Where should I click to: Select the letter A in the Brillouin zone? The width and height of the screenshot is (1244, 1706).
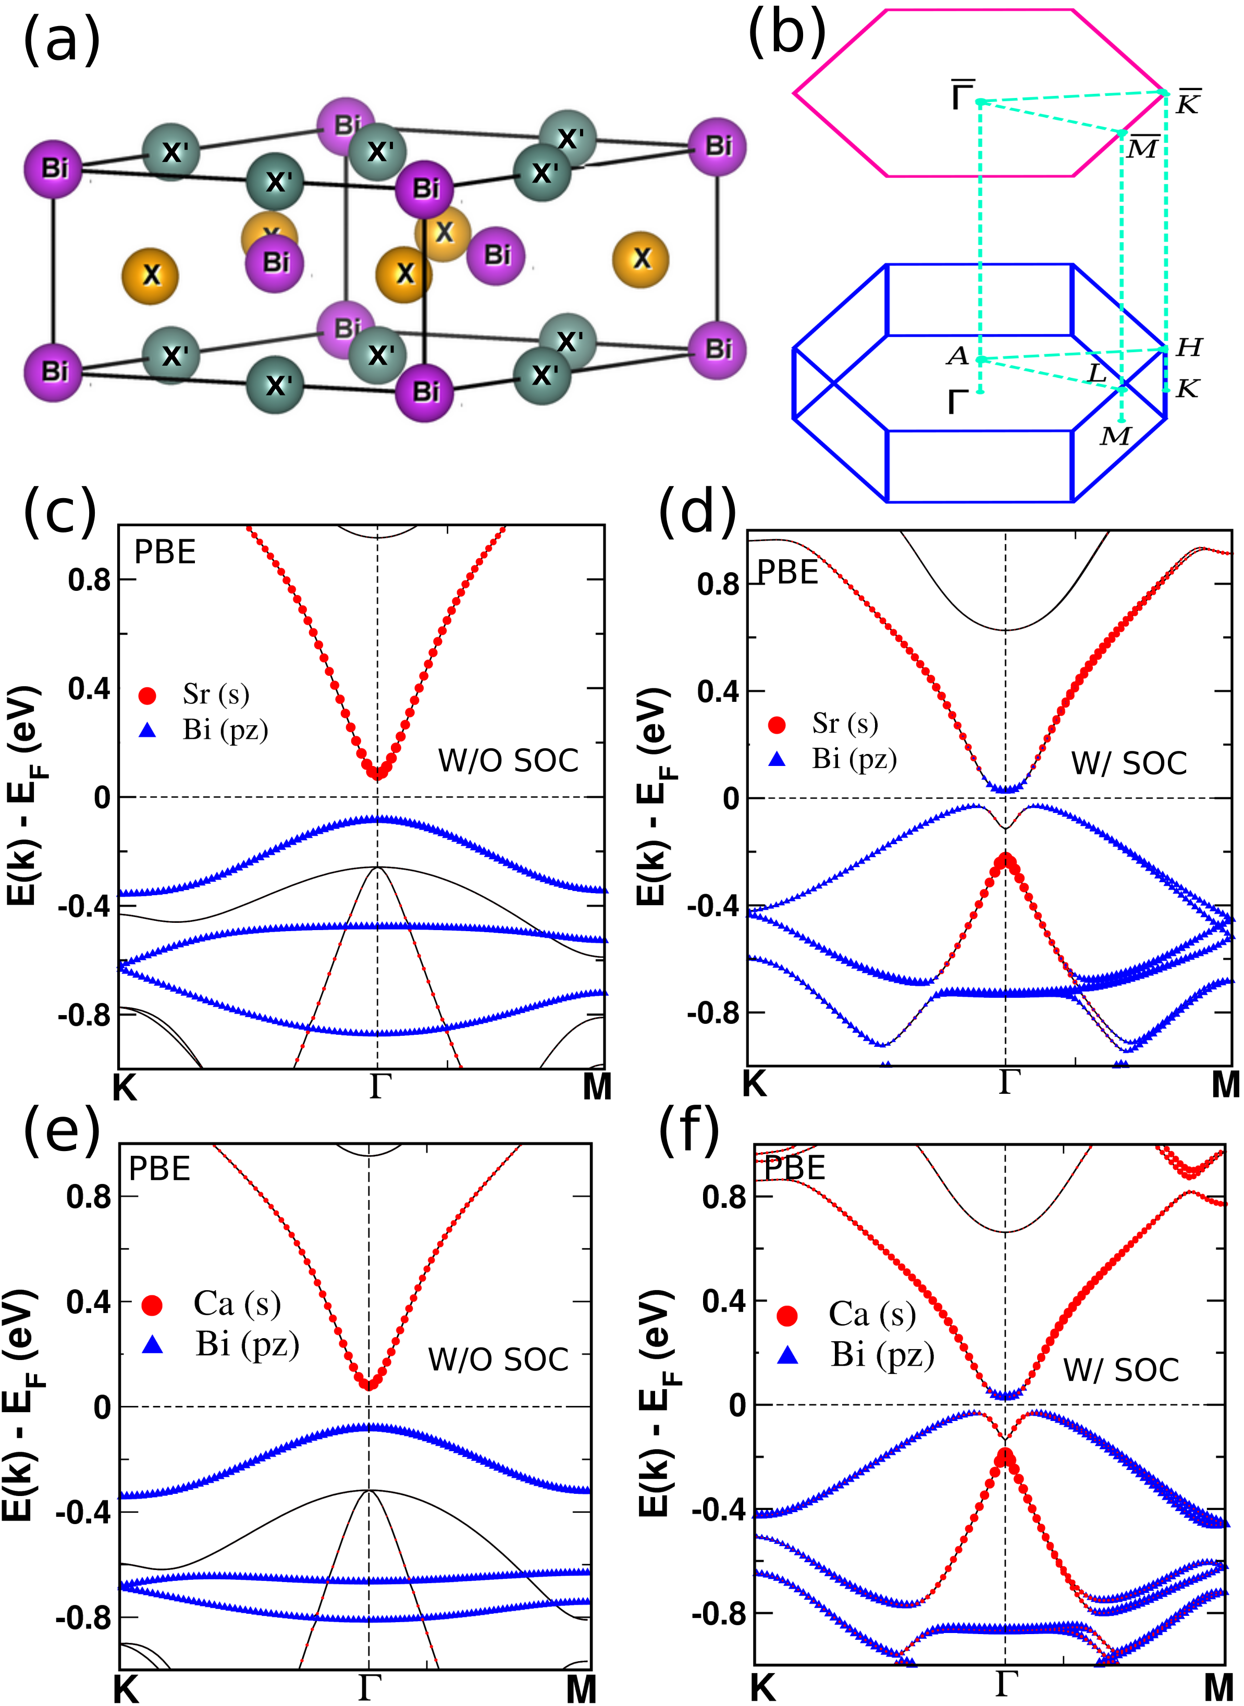958,355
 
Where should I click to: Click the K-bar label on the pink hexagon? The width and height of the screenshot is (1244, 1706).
1188,103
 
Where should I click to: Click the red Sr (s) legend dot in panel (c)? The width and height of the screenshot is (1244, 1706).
147,695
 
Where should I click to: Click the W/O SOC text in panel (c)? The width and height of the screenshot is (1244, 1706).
508,760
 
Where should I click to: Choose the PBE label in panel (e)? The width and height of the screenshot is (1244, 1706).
159,1168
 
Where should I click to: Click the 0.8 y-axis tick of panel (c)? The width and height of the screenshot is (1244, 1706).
89,580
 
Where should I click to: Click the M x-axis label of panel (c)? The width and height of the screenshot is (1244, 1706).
597,1086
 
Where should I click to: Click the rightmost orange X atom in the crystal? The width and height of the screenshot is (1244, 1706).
642,259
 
